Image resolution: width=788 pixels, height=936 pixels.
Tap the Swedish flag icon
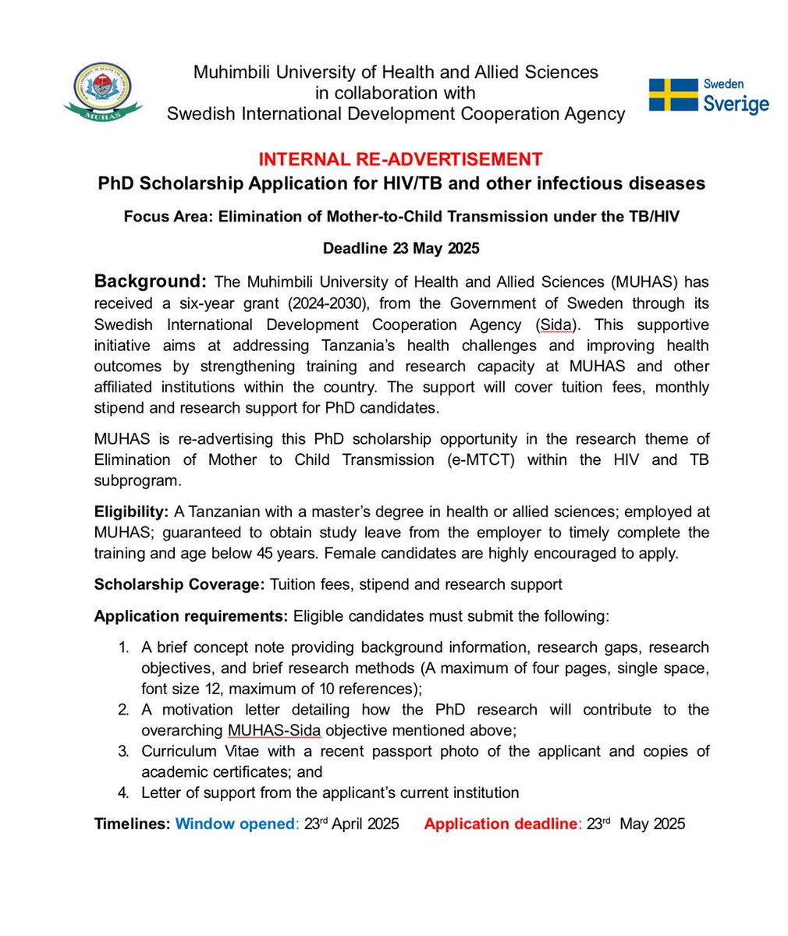pos(673,94)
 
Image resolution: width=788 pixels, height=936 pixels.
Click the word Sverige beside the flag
pos(735,104)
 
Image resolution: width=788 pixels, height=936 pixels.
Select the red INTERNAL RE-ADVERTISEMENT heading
pos(400,159)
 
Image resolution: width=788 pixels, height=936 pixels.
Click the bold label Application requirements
pos(191,616)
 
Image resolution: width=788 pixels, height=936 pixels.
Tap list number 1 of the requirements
pos(122,647)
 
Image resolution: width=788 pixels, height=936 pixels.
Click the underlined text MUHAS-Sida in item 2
pos(274,731)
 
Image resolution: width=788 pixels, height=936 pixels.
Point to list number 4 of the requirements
pos(122,792)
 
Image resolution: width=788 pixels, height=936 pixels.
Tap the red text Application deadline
pos(499,824)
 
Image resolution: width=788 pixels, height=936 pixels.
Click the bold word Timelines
pos(131,824)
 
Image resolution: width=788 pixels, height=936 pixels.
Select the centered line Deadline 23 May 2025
pos(401,249)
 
